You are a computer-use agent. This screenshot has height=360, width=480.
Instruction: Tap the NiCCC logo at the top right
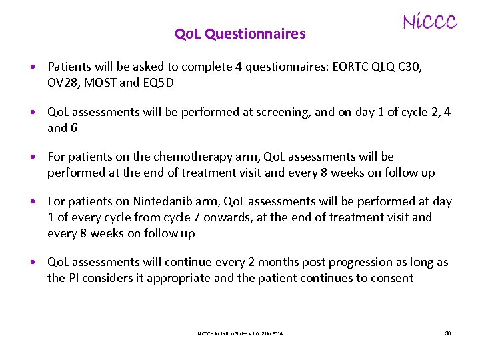(430, 22)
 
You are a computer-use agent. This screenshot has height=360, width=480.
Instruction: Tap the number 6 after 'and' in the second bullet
(73, 128)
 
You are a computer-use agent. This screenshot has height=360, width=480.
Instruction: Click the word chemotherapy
(192, 157)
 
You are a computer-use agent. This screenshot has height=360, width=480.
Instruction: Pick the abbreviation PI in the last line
(75, 278)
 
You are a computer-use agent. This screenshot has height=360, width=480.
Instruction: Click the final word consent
(391, 278)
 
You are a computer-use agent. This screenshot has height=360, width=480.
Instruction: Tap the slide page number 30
(447, 333)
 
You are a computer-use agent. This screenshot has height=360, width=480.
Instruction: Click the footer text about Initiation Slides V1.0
(240, 333)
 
